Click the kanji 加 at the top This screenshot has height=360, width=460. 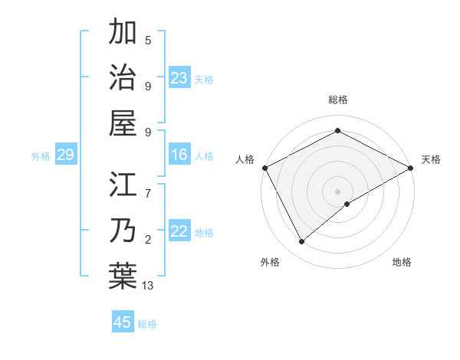click(123, 33)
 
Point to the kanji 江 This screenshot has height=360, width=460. click(123, 186)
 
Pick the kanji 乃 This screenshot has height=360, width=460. click(123, 231)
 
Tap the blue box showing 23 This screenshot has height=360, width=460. click(179, 77)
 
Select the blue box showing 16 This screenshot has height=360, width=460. click(179, 155)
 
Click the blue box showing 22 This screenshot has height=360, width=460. click(179, 231)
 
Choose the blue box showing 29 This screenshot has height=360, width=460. click(65, 155)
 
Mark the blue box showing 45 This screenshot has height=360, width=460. click(123, 322)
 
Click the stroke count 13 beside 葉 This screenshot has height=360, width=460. click(148, 286)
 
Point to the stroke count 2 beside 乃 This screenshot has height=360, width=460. click(147, 240)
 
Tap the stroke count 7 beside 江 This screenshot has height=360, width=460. click(147, 185)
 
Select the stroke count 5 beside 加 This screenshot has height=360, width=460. click(147, 40)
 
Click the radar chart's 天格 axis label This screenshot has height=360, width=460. click(431, 159)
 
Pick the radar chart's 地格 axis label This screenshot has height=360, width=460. click(402, 262)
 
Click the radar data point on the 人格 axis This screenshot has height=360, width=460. click(264, 168)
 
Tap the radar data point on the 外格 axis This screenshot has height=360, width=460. click(302, 242)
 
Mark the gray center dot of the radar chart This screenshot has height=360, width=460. click(337, 191)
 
